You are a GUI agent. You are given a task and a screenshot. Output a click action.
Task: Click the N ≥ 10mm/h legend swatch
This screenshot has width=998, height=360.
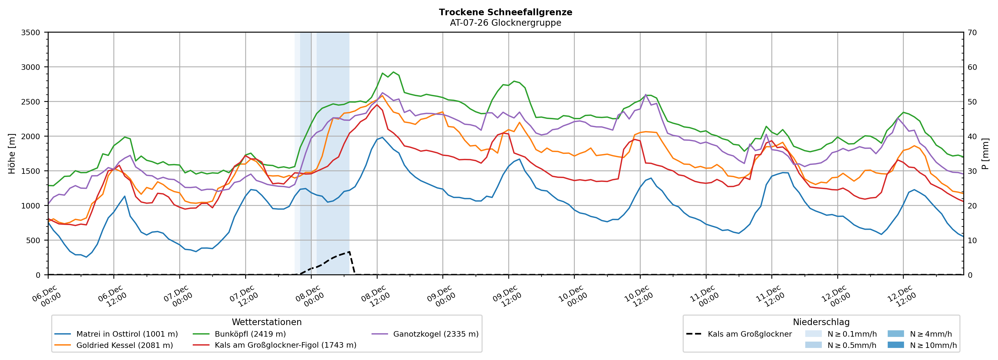click(x=895, y=345)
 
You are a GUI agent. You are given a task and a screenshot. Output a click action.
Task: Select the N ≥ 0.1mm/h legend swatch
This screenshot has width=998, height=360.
click(x=813, y=334)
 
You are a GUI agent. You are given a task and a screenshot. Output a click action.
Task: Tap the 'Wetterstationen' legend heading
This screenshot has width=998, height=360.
click(x=267, y=322)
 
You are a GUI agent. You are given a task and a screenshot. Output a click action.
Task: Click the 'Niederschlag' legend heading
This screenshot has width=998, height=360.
click(x=821, y=322)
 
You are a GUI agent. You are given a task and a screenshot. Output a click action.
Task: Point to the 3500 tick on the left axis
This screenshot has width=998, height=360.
click(x=31, y=33)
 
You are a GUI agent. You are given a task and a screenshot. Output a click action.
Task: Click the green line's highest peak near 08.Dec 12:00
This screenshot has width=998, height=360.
click(x=393, y=72)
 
